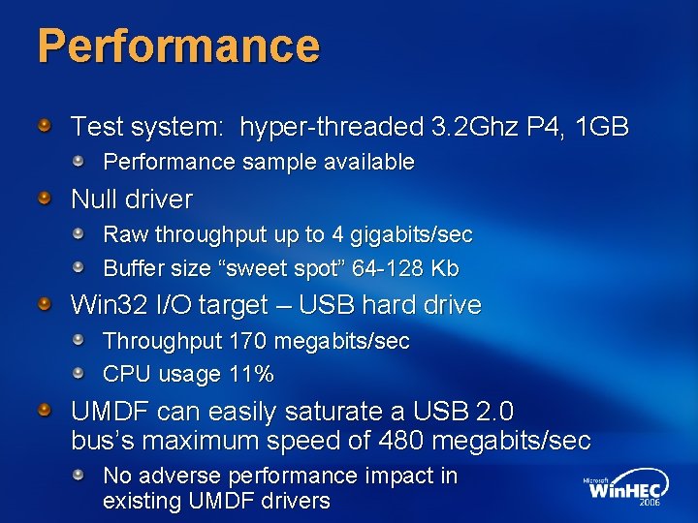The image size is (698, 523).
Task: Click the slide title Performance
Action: click(x=178, y=46)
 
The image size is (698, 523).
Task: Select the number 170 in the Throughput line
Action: click(x=249, y=341)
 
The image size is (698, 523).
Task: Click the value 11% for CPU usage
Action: click(x=251, y=374)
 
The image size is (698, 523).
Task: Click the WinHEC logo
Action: click(x=626, y=490)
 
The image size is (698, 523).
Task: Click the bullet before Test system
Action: click(x=45, y=126)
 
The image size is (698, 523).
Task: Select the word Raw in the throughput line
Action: click(x=125, y=234)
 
